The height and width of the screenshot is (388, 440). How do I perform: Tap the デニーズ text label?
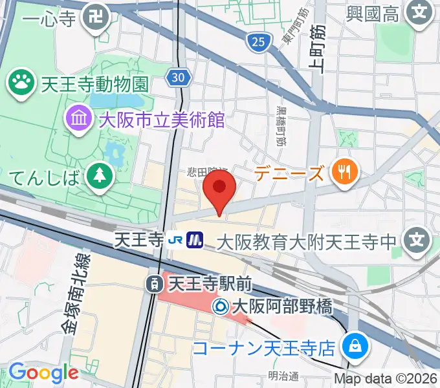pyautogui.click(x=288, y=173)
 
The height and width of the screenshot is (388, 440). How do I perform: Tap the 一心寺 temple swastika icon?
pyautogui.click(x=97, y=16)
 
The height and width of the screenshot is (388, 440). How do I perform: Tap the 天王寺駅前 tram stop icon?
pyautogui.click(x=155, y=283)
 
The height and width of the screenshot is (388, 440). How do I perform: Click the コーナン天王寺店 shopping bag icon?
pyautogui.click(x=355, y=347)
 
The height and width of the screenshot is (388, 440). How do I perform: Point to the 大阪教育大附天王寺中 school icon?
pyautogui.click(x=419, y=242)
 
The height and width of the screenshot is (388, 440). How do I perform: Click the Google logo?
pyautogui.click(x=43, y=372)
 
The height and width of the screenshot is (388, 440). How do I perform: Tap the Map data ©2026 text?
pyautogui.click(x=386, y=378)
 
